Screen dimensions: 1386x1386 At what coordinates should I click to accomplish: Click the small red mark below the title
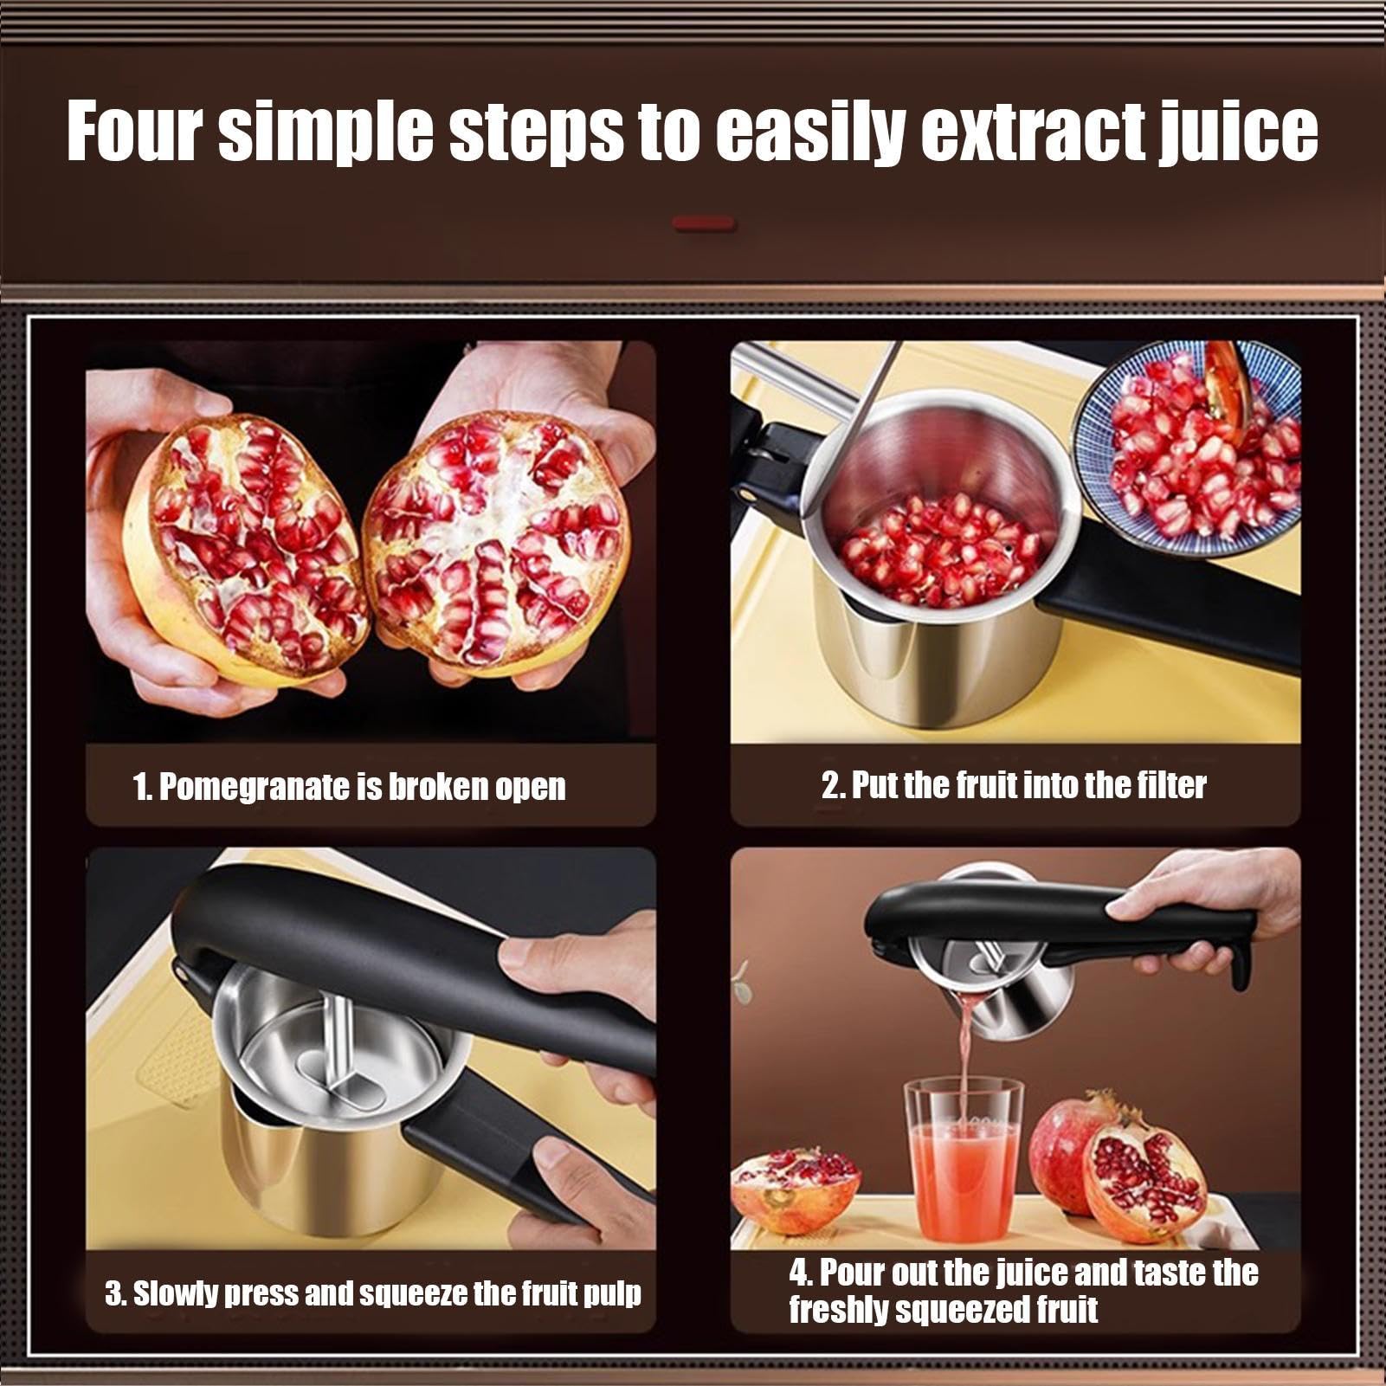(704, 224)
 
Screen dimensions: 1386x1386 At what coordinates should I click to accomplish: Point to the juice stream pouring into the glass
(964, 1056)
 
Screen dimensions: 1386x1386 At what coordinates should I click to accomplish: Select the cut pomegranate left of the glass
(796, 1193)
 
